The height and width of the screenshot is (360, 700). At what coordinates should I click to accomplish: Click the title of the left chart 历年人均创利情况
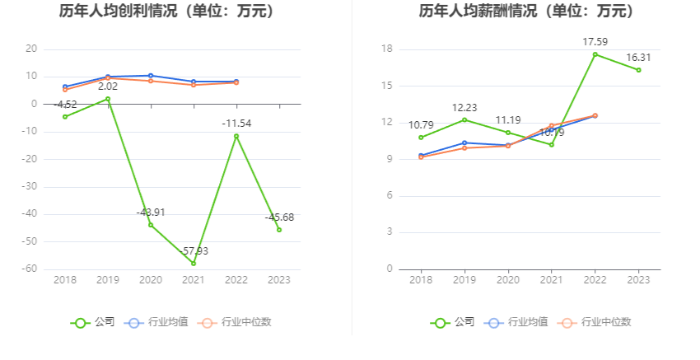[167, 12]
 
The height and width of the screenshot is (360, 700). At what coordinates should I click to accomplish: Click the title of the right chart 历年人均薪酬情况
[526, 12]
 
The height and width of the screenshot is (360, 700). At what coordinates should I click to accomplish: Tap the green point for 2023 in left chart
[279, 230]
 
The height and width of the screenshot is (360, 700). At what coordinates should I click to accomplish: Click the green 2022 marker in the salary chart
[595, 54]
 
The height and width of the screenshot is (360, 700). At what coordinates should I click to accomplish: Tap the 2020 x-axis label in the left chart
[151, 280]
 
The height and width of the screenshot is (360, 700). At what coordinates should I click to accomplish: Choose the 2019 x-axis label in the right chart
[464, 280]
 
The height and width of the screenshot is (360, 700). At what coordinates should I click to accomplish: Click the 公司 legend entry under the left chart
[93, 322]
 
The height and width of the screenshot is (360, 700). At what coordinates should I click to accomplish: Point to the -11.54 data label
[237, 123]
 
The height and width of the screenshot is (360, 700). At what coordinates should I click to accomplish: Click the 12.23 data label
[465, 108]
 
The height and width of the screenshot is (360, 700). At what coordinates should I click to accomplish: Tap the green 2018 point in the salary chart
[421, 138]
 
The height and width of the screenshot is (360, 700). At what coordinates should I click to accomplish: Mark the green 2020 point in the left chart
[151, 225]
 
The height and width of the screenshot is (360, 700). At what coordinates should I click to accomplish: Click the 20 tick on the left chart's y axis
[31, 49]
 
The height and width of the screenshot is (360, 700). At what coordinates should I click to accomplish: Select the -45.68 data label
[279, 217]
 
